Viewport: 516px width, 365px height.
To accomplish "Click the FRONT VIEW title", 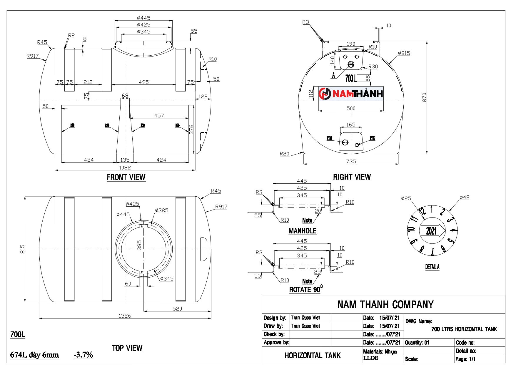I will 126,177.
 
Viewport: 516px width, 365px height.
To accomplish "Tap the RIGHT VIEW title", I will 352,177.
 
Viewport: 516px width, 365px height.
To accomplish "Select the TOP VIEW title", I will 127,348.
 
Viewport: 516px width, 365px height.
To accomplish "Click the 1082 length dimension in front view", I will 125,167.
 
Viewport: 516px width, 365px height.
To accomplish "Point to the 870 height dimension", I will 424,97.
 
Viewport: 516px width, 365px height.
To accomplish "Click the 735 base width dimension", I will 351,161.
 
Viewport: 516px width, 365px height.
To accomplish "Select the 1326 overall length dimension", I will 125,316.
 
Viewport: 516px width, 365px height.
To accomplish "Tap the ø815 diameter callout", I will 404,53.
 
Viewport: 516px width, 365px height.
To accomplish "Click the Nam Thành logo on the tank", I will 351,94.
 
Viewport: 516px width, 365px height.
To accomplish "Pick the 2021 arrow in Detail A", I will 432,230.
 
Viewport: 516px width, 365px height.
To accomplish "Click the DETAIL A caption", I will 432,267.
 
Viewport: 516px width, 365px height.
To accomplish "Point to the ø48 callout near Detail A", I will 464,197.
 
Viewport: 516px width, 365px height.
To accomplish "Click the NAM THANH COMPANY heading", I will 385,304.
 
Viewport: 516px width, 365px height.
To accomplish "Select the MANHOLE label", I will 302,231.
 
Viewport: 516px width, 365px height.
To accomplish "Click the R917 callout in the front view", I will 32,56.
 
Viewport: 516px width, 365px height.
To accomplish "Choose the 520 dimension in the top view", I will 177,308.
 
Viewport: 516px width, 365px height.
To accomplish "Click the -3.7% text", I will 83,355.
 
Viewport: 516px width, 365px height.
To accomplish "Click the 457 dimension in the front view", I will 159,115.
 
